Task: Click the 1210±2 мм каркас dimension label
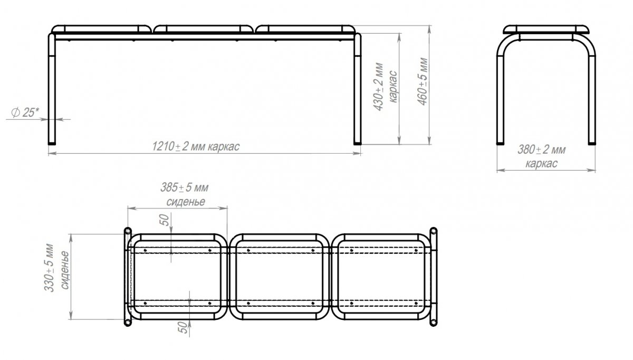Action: pyautogui.click(x=196, y=147)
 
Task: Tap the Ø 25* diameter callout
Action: pyautogui.click(x=25, y=112)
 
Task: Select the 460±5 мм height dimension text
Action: pyautogui.click(x=423, y=81)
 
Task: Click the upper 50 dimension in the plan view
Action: pyautogui.click(x=164, y=220)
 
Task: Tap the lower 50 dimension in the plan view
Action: pyautogui.click(x=183, y=327)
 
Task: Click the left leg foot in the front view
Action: pyautogui.click(x=52, y=144)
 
